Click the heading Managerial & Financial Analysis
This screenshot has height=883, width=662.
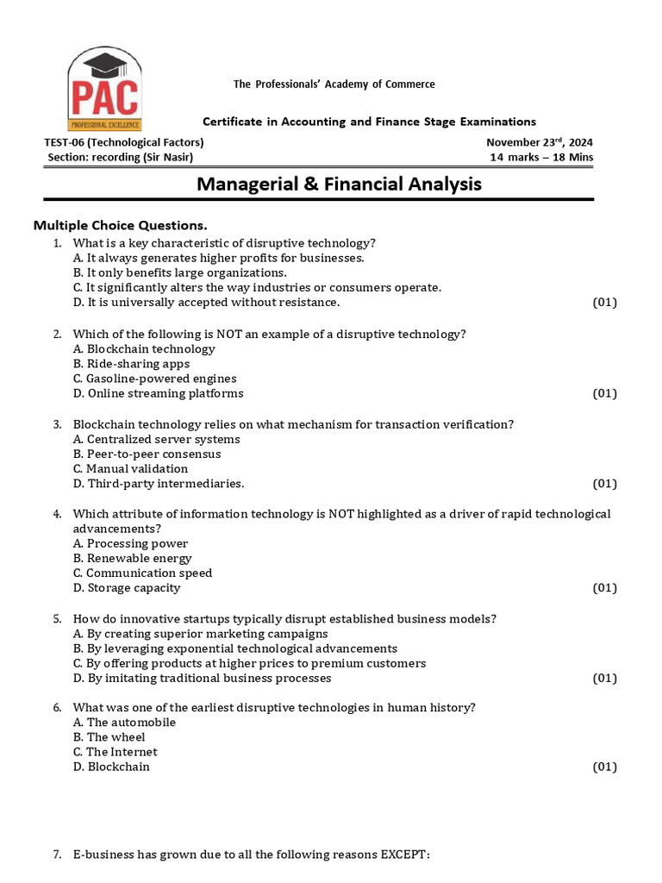(x=339, y=184)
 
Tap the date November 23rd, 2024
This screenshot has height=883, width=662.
(x=539, y=143)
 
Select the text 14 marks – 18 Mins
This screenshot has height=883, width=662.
(x=541, y=158)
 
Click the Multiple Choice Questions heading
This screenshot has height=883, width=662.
(x=120, y=225)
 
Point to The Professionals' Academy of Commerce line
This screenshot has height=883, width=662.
(x=334, y=84)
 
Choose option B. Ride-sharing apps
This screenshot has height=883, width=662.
(x=132, y=364)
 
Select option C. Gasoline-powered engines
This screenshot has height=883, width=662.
(x=155, y=379)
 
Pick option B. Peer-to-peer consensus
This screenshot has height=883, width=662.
(x=147, y=454)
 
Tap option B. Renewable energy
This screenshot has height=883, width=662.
(x=133, y=558)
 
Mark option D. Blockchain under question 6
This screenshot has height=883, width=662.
(x=111, y=767)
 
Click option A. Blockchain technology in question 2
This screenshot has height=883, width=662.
(x=144, y=349)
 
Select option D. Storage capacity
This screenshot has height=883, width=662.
(x=127, y=588)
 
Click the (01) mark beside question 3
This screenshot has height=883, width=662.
(x=604, y=484)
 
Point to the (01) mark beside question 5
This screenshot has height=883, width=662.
(x=604, y=679)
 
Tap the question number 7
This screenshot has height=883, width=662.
(x=57, y=855)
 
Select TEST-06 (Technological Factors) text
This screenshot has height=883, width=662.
(x=123, y=143)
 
